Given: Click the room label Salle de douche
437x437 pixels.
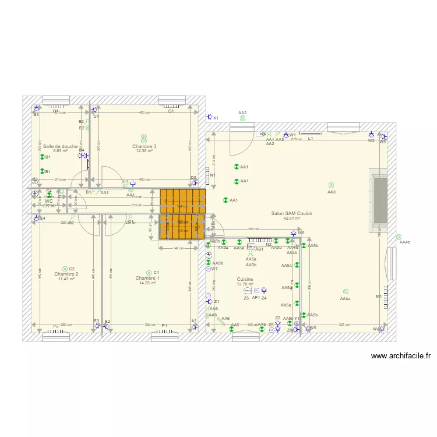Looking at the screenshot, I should (59, 146).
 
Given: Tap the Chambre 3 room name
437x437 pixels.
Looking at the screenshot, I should (144, 146).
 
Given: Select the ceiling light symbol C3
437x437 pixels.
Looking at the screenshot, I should (144, 140).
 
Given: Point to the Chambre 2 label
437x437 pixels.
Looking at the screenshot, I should (66, 274).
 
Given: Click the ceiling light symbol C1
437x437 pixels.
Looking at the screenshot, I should (149, 273).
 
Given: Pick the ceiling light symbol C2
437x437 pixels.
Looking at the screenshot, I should (65, 269).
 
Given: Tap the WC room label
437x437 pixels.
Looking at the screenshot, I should (49, 201).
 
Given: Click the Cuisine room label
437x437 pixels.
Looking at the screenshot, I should (245, 279).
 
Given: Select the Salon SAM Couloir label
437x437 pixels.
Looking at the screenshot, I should (291, 213).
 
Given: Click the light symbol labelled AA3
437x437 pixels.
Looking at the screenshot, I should (331, 185).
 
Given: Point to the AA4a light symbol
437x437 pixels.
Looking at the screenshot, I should (346, 292).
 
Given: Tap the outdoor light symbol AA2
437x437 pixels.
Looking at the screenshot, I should (242, 118).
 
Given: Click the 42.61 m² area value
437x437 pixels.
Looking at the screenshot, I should (291, 218).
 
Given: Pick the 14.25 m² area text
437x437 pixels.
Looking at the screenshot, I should (147, 283).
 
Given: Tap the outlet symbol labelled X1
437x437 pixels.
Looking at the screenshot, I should (208, 118).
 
